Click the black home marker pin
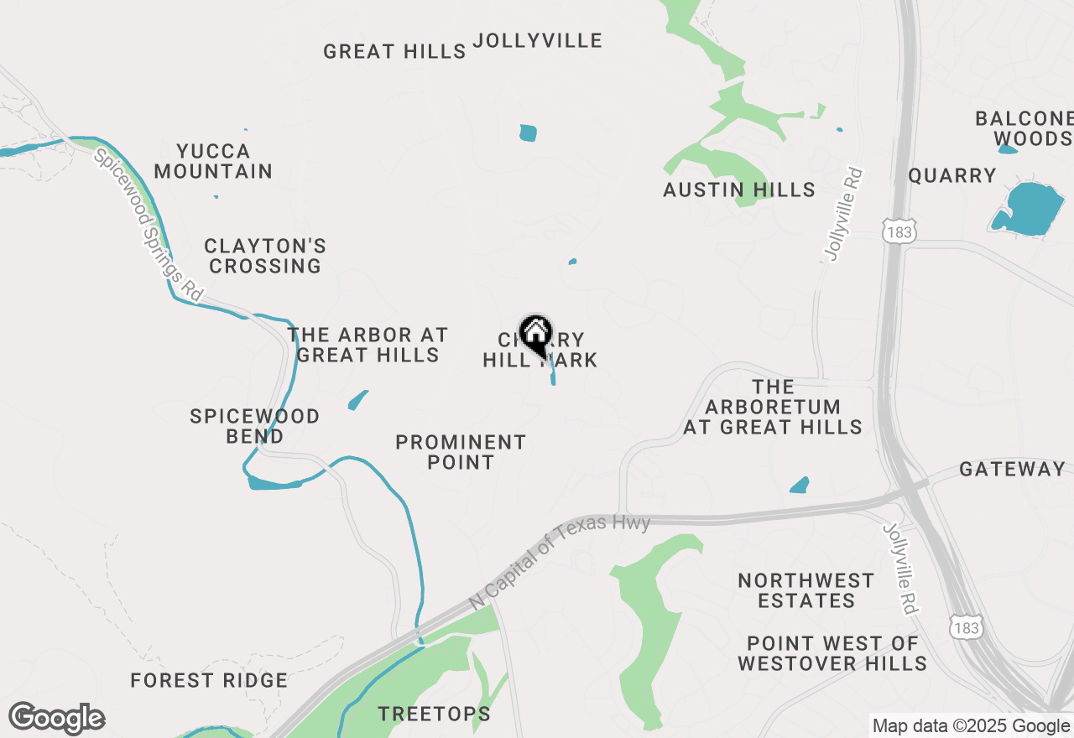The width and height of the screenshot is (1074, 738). click(535, 334)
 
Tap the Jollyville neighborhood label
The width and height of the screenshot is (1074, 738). click(538, 40)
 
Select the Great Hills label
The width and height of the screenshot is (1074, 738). click(394, 51)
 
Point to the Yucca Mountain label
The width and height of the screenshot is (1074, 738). click(214, 161)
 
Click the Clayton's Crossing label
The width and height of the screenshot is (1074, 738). click(265, 256)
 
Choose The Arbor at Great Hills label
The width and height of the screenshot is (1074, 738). click(368, 345)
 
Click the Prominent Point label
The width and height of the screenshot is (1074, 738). click(461, 452)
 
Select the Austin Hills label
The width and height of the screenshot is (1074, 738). click(739, 190)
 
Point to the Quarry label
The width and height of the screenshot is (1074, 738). click(952, 175)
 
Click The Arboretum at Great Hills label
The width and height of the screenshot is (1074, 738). click(773, 407)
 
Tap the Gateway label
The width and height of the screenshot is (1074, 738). click(1012, 470)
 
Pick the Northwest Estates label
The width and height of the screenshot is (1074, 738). click(806, 590)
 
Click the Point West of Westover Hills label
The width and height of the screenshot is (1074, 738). click(832, 653)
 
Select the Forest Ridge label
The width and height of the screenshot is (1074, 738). click(209, 680)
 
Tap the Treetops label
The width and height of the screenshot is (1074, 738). click(434, 715)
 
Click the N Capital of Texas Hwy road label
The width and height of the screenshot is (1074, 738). click(560, 562)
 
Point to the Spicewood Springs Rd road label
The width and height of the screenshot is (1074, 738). click(149, 225)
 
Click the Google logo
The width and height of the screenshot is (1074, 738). click(57, 719)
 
